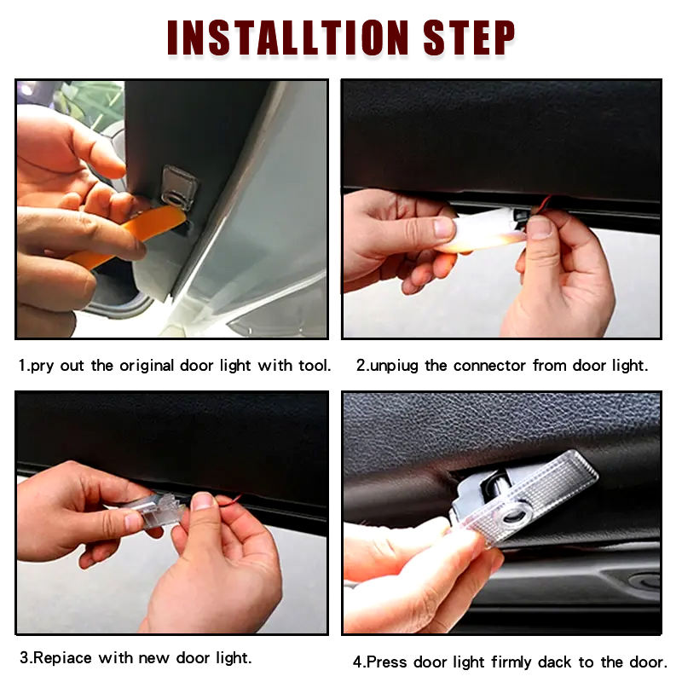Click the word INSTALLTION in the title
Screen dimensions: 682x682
[x=287, y=38]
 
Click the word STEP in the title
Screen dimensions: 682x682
[x=469, y=38]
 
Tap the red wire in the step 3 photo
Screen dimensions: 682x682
[x=229, y=500]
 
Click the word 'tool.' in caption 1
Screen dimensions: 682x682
[x=315, y=366]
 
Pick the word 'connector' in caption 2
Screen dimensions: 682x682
[x=489, y=366]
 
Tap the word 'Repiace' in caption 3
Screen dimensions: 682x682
[x=62, y=657]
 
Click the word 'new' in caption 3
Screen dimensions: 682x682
[x=153, y=658]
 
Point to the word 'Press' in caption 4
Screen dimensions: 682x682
[x=386, y=662]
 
